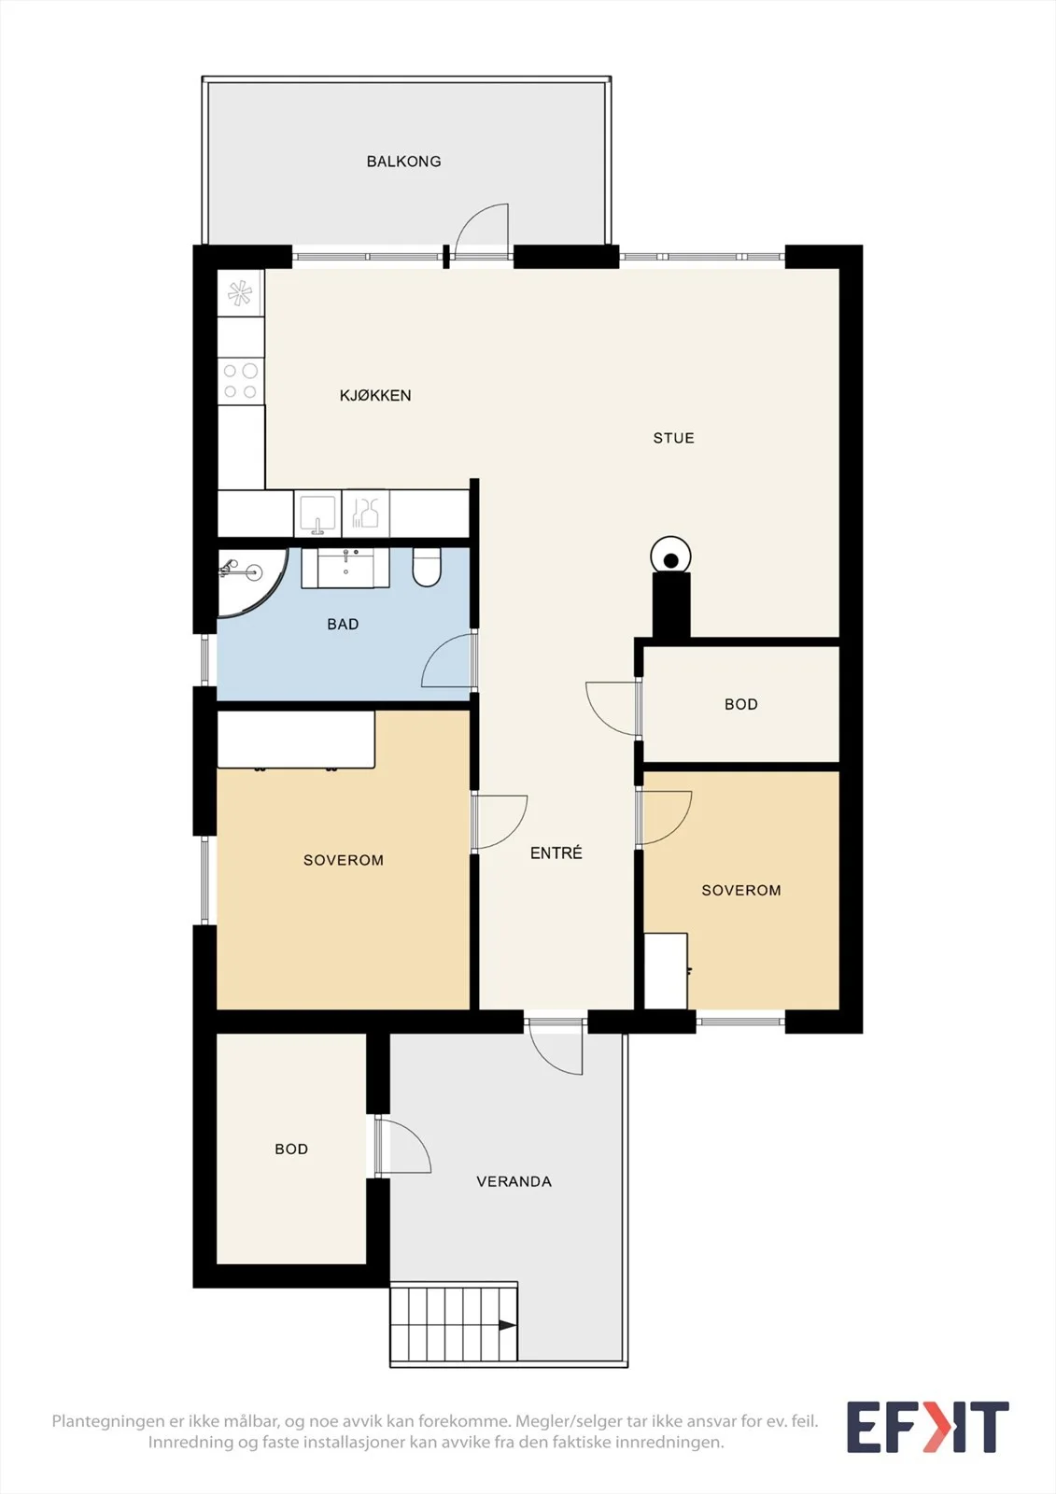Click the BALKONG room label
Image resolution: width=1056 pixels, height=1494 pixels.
click(403, 162)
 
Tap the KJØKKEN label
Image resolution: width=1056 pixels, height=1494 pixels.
click(375, 396)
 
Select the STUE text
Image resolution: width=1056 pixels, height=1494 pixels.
click(674, 438)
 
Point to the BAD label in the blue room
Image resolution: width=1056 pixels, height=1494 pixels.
click(343, 625)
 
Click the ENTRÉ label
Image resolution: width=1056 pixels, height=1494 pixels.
click(556, 853)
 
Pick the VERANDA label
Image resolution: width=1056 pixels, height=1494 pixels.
click(514, 1182)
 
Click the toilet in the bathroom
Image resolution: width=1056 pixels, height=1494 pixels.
click(427, 567)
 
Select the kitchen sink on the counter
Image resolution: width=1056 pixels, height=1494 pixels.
click(317, 514)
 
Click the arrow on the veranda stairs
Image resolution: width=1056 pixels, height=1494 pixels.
click(507, 1325)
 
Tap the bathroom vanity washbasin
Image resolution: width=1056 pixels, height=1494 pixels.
click(345, 569)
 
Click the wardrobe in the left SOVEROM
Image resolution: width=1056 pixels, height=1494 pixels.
click(296, 740)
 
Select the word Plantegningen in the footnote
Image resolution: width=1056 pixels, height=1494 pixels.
click(107, 1420)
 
